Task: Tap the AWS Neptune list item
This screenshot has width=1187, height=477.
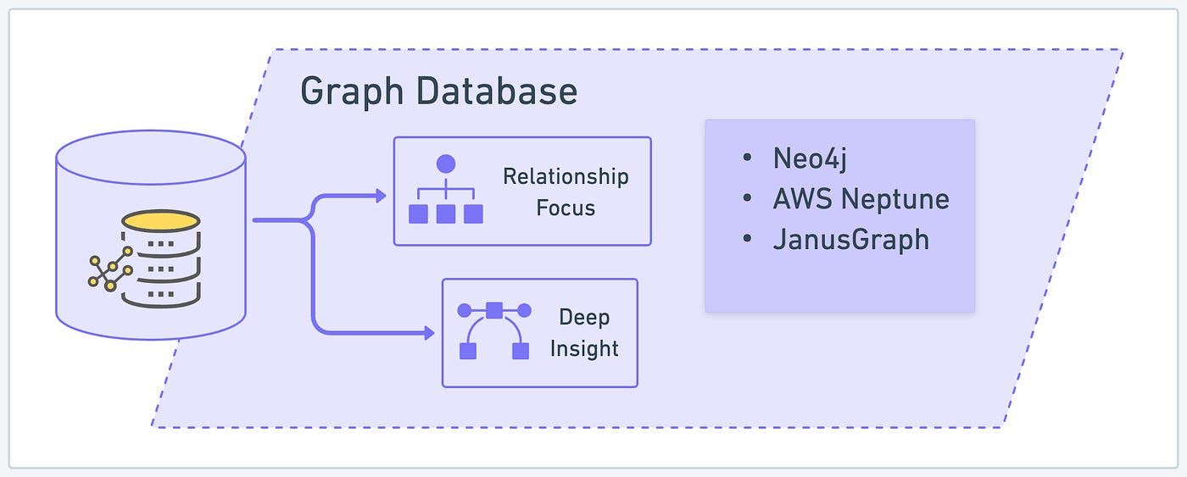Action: [x=861, y=199]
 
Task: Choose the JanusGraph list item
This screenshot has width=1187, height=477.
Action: [x=850, y=240]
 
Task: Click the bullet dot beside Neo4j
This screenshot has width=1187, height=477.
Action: [x=746, y=158]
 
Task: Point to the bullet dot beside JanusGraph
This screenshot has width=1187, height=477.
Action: [x=746, y=240]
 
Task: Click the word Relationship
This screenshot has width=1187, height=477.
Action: [x=566, y=176]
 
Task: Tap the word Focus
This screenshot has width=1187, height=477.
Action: [x=566, y=208]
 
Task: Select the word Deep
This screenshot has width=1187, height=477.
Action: [x=584, y=318]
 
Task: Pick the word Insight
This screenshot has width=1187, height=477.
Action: [x=584, y=348]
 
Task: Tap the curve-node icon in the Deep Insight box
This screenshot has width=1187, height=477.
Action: [x=494, y=330]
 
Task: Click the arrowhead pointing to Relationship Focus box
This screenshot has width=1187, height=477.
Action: [x=381, y=196]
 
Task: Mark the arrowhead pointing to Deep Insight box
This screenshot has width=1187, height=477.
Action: [x=429, y=334]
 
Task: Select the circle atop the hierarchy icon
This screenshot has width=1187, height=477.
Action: [x=446, y=164]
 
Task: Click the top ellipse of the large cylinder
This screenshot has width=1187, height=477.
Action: [x=151, y=157]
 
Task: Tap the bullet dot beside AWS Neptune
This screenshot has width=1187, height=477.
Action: [x=746, y=199]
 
